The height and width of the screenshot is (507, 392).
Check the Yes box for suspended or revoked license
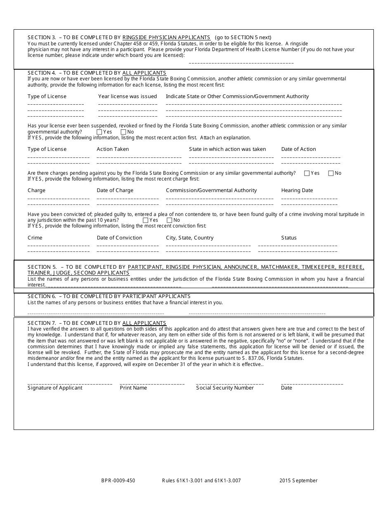[99, 132]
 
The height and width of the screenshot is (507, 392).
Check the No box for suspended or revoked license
[123, 132]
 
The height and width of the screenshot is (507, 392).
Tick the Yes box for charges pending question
[307, 173]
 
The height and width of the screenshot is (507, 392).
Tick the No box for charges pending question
[331, 173]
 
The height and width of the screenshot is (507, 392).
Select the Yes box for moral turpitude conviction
[145, 220]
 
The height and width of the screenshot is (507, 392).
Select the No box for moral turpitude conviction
[169, 220]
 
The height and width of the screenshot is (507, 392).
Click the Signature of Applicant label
[55, 388]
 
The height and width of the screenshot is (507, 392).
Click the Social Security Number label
[225, 388]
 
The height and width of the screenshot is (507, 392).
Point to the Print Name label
[133, 388]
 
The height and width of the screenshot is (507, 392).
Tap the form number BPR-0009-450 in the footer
[118, 481]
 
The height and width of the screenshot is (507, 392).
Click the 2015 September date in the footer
[298, 481]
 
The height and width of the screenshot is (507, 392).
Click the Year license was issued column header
[128, 96]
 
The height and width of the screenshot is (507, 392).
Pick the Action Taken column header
[113, 149]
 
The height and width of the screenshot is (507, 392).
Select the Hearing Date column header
[297, 190]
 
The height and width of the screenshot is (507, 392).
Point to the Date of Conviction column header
[119, 238]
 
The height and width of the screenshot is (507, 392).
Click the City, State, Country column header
[190, 238]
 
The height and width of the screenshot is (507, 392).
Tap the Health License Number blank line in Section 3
[241, 62]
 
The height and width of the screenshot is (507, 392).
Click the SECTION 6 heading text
[109, 296]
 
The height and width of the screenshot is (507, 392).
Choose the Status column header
[289, 238]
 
